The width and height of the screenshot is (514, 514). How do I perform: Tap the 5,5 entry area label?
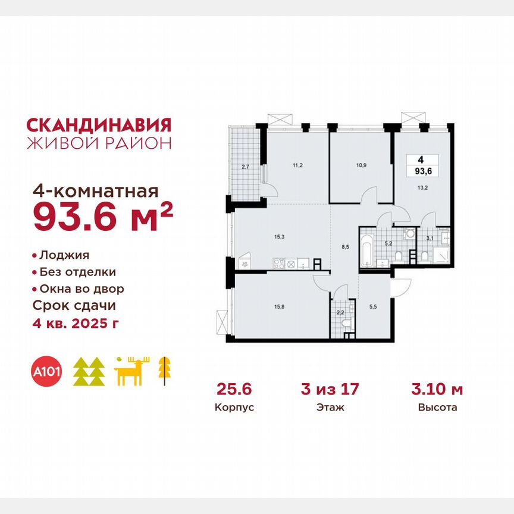(x=372, y=307)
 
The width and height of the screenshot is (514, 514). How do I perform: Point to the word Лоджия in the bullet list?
(x=64, y=255)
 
